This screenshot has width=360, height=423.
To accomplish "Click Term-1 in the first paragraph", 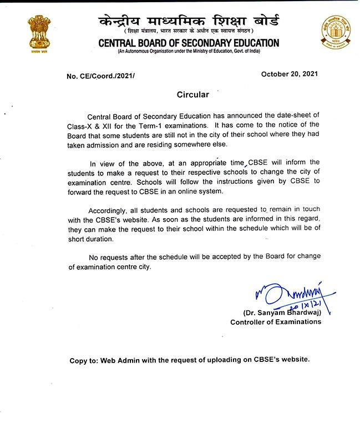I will coord(156,125).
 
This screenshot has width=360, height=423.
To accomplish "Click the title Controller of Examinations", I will coord(276,322).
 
